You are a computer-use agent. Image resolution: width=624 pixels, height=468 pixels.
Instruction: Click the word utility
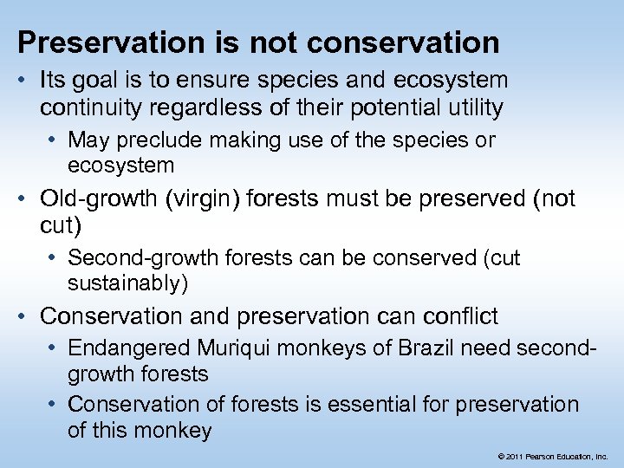click(x=473, y=107)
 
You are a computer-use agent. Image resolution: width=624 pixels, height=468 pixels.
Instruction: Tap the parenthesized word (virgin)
click(x=201, y=198)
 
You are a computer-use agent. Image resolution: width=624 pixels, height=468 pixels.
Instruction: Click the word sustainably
click(x=127, y=283)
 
